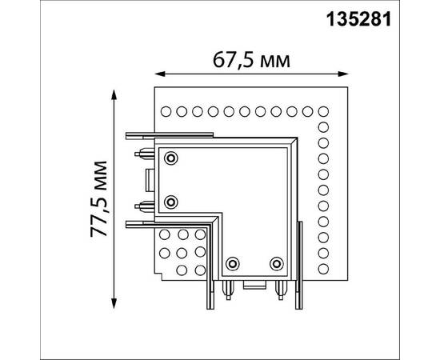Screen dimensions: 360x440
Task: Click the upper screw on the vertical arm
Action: point(170,158)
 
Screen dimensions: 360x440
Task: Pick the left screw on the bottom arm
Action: point(234,263)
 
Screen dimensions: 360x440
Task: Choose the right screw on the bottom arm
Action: point(276,263)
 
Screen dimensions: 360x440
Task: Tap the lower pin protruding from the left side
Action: point(145,205)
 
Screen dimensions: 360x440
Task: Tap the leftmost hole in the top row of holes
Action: point(166,110)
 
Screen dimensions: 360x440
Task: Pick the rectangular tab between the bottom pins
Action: point(254,284)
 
